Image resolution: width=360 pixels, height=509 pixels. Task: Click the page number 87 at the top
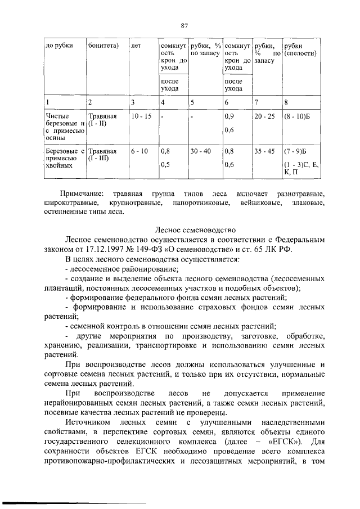click(x=183, y=25)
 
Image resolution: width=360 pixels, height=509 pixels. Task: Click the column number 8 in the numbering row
click(x=286, y=102)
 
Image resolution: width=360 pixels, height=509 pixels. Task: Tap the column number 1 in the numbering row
click(x=48, y=102)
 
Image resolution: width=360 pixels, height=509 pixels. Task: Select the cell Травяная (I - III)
click(x=103, y=155)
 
